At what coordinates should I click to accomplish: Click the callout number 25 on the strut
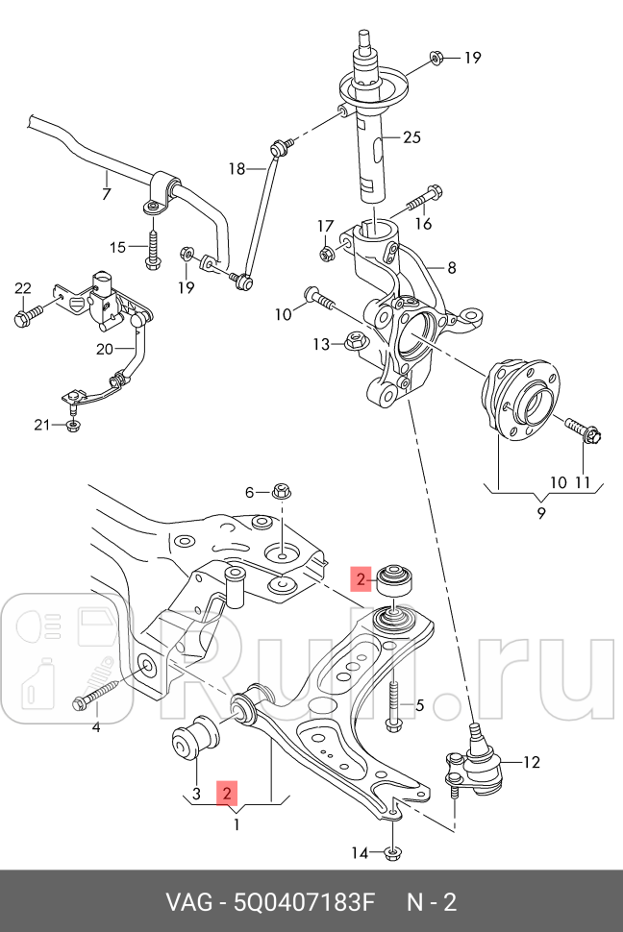[411, 137]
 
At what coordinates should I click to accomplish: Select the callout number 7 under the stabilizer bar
[106, 194]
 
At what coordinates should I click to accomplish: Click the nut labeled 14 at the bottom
[392, 851]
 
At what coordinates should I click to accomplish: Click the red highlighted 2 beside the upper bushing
[360, 578]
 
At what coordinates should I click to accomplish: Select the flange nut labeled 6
[283, 492]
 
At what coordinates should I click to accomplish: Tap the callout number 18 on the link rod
[237, 169]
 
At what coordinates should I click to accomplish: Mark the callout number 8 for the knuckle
[451, 268]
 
